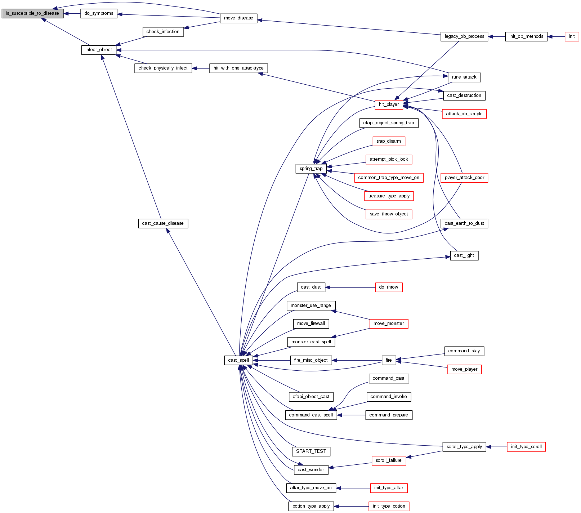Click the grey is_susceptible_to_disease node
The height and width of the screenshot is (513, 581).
32,14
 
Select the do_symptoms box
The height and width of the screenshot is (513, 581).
99,14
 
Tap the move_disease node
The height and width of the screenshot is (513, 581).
238,18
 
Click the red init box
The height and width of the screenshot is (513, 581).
572,36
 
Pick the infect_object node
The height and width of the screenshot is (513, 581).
99,50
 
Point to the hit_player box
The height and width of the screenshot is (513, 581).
389,104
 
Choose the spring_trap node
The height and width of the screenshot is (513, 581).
311,169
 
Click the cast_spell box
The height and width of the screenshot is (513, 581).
238,360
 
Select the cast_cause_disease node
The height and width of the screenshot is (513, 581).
163,223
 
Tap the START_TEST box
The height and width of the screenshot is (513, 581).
311,451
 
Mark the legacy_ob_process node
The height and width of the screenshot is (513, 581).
464,36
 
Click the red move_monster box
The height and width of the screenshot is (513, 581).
389,324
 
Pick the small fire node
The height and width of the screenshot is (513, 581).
389,360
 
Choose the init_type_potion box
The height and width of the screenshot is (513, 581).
389,507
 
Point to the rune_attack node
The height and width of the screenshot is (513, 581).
464,77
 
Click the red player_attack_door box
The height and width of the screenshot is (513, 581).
464,178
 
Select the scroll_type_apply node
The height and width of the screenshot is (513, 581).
464,447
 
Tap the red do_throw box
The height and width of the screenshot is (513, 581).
389,287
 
